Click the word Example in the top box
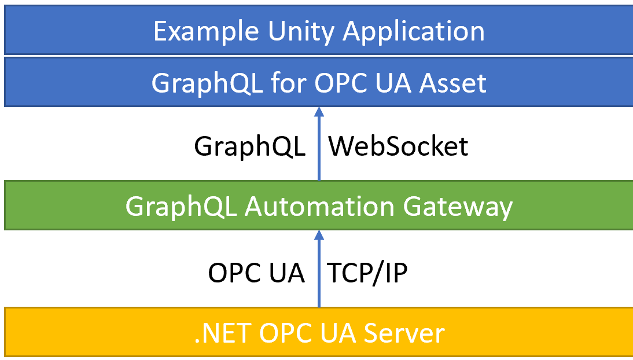pos(206,31)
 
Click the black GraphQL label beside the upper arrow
pos(249,147)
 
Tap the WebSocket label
pos(398,146)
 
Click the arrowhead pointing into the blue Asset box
pos(319,112)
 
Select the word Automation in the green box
pos(319,207)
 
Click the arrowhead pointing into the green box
pos(319,236)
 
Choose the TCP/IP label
pos(367,273)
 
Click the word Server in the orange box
pos(404,334)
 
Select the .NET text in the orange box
pos(222,334)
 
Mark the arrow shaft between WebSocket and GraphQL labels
pos(319,149)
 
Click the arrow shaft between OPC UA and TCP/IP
pos(319,274)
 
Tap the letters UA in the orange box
pos(338,334)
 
